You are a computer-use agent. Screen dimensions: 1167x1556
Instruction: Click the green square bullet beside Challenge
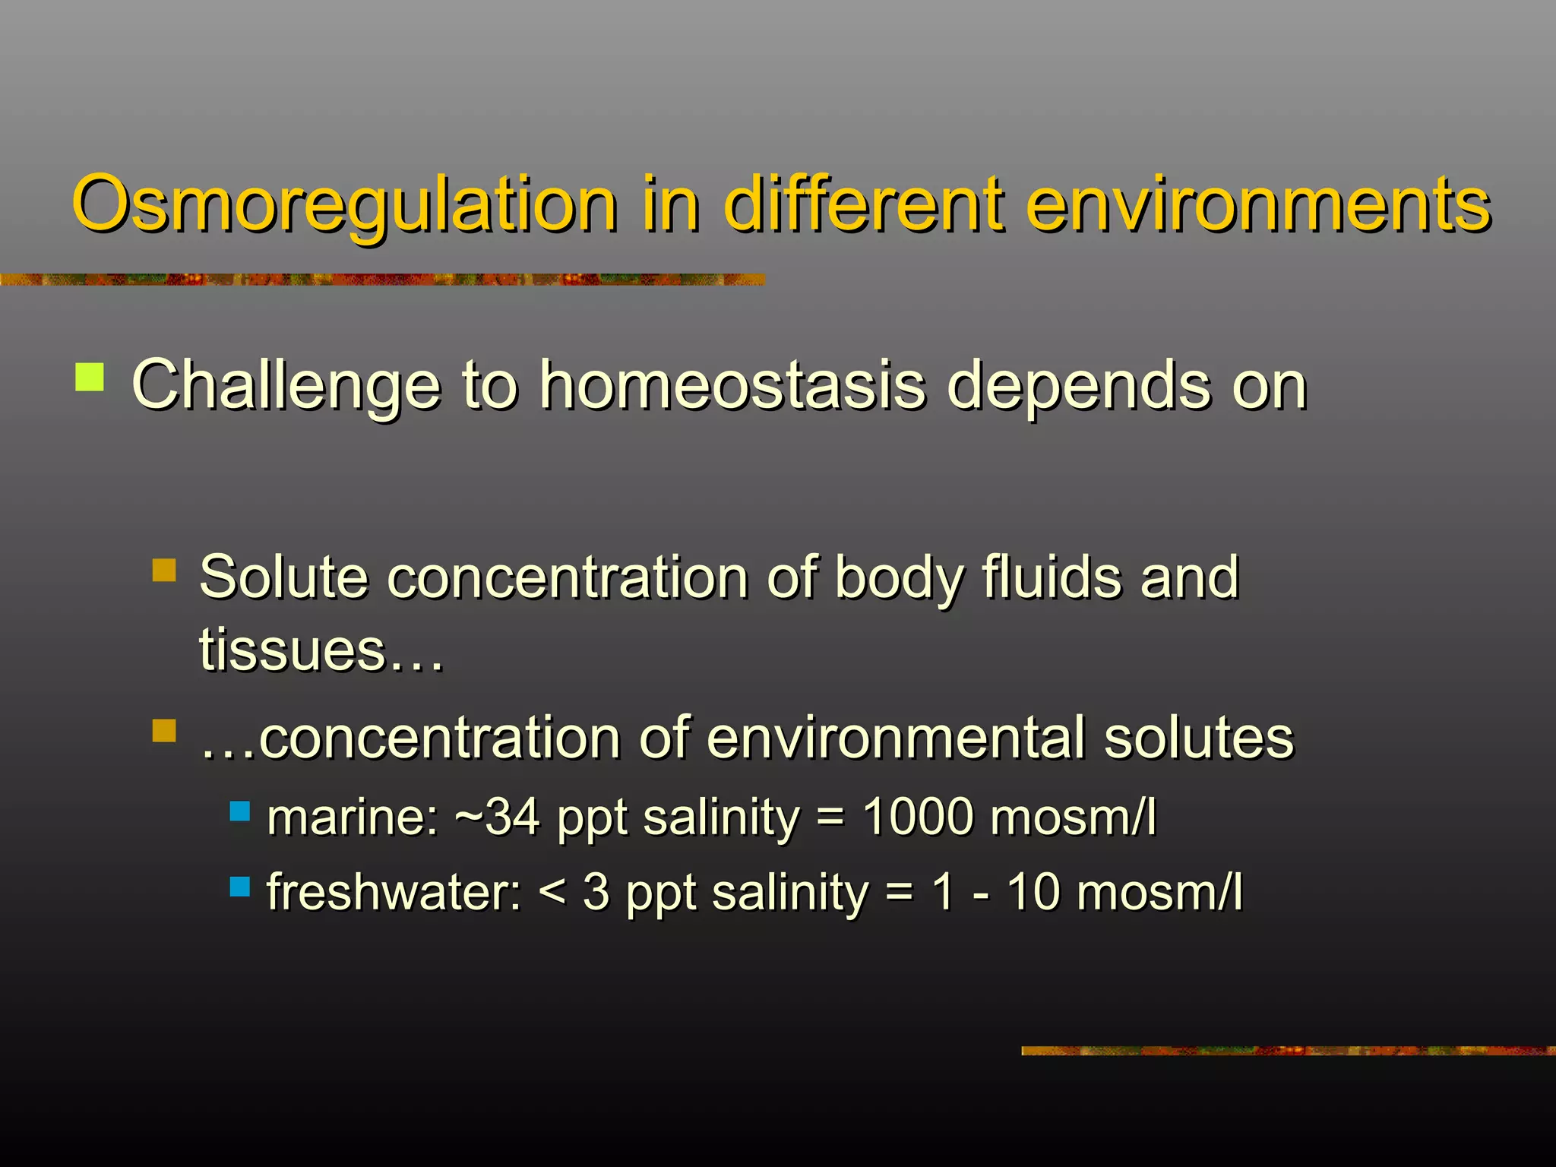point(90,377)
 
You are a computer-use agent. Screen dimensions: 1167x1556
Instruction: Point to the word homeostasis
point(732,385)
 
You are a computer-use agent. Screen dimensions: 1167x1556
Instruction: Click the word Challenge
point(286,387)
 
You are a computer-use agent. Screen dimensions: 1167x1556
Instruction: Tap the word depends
point(1077,387)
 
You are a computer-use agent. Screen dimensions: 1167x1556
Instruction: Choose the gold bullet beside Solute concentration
point(164,570)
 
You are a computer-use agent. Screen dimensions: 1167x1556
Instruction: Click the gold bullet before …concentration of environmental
point(164,731)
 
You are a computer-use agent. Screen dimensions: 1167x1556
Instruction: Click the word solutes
point(1198,738)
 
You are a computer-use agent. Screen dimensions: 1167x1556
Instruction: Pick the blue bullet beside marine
point(240,811)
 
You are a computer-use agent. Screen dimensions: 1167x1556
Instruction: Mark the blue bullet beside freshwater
point(240,886)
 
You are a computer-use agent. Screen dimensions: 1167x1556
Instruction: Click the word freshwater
point(394,892)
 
